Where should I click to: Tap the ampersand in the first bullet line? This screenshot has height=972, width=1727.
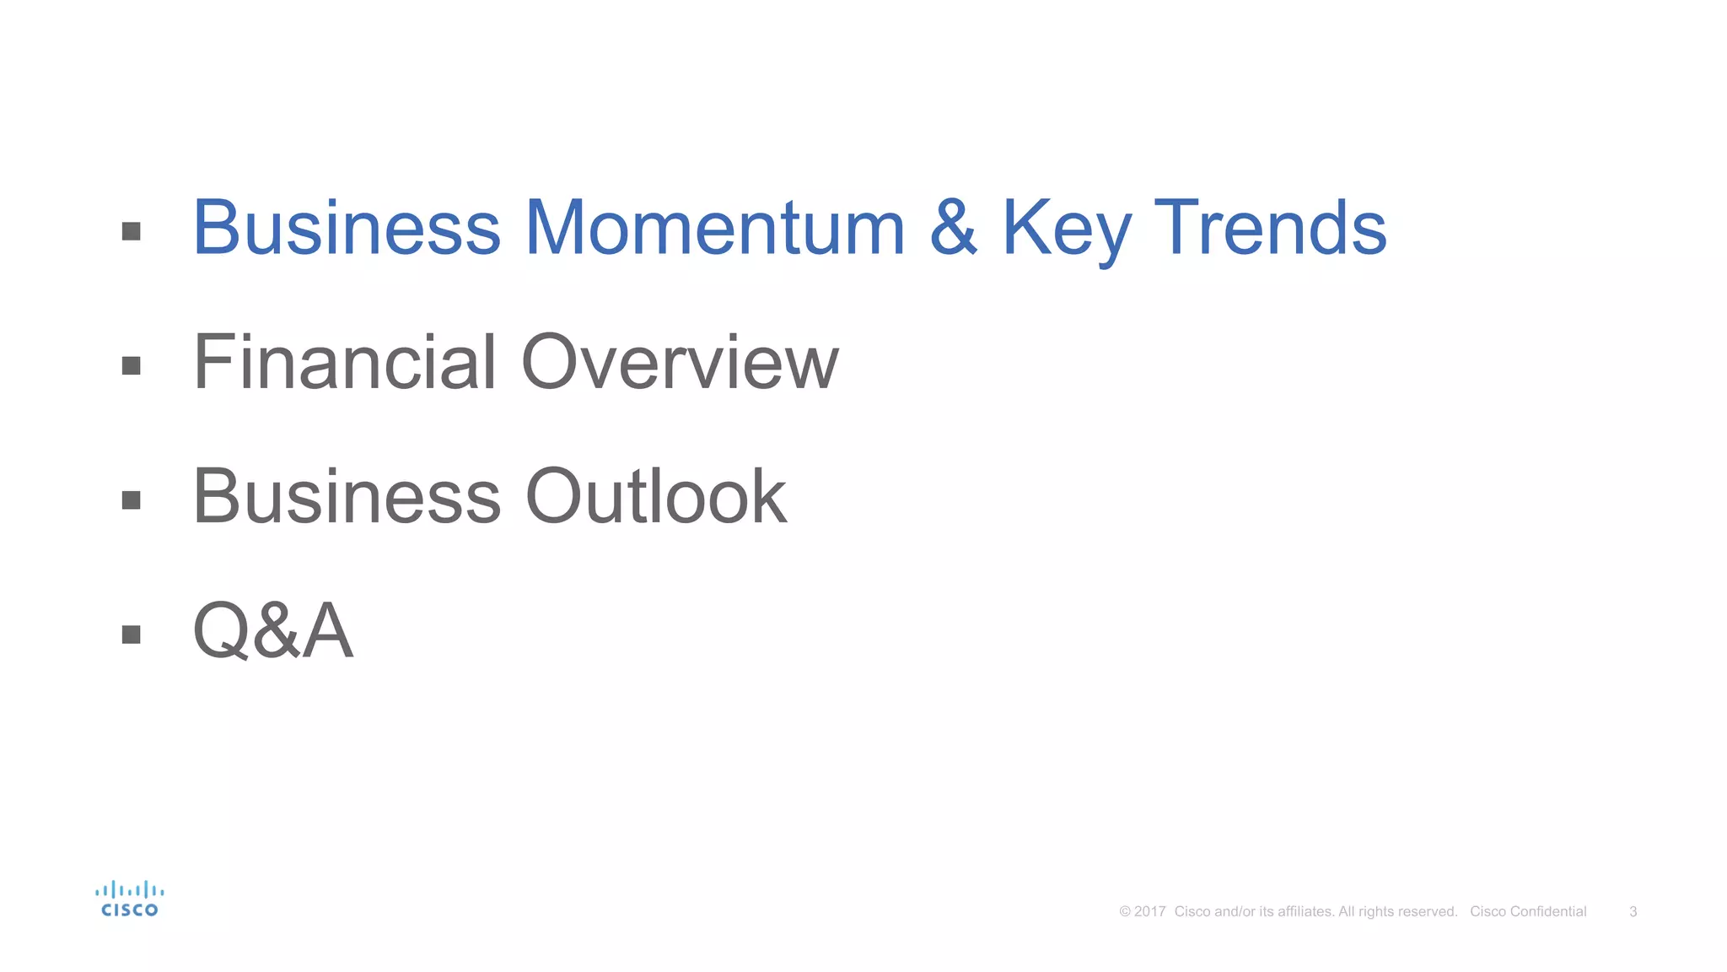pos(953,228)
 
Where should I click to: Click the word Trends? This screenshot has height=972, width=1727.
pos(1269,228)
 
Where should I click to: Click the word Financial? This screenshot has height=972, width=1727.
pos(345,363)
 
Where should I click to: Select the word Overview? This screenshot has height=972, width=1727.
pos(680,363)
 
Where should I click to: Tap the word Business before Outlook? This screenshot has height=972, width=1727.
pos(347,497)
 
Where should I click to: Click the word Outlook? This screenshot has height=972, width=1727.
pos(656,497)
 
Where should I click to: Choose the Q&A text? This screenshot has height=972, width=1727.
pos(272,631)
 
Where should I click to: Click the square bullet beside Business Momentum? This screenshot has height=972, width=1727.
pos(131,231)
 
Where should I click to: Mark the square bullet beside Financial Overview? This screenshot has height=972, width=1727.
pos(131,365)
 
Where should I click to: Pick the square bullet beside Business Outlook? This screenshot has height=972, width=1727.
pos(131,500)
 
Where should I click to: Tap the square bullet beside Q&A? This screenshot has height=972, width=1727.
pos(131,634)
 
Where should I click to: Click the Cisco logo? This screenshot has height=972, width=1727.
pos(129,899)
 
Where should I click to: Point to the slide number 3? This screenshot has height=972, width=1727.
pos(1633,912)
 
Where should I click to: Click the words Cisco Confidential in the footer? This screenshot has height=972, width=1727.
pos(1528,912)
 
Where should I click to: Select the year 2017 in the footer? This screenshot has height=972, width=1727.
pos(1149,912)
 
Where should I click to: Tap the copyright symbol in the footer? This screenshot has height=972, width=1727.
pos(1124,912)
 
